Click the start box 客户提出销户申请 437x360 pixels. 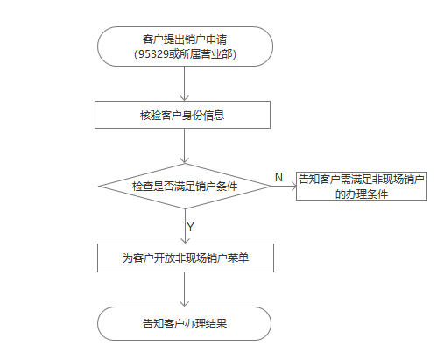point(185,46)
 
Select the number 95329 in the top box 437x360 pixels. point(153,54)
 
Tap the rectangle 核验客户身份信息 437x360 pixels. point(182,115)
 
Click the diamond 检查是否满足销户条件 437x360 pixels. point(185,187)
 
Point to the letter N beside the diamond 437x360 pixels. point(278,177)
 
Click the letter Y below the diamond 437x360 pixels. point(190,227)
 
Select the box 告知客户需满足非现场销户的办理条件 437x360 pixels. point(362,186)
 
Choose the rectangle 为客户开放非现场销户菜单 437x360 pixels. point(186,258)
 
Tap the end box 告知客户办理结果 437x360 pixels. point(184,323)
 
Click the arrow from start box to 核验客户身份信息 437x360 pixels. point(185,84)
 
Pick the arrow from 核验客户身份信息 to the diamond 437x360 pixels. point(185,145)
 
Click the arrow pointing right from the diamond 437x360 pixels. point(284,187)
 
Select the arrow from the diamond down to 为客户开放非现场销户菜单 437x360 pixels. point(185,226)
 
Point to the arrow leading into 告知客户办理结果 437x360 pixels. point(185,289)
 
